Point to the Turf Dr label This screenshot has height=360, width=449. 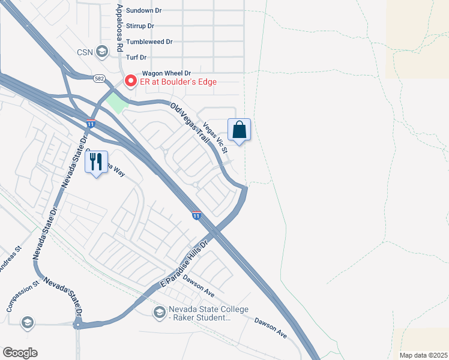point(135,57)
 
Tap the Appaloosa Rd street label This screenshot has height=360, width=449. point(119,28)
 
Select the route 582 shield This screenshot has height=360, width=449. point(98,79)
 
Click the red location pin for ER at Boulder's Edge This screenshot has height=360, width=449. point(130,80)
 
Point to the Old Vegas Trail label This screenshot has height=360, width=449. point(190,123)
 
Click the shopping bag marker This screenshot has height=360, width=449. point(239,130)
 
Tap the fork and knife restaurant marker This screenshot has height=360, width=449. point(96,162)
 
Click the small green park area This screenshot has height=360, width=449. point(117,103)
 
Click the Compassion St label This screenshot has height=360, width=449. point(19,299)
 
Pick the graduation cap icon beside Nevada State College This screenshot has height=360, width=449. point(159,312)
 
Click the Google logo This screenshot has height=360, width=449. point(20,353)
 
